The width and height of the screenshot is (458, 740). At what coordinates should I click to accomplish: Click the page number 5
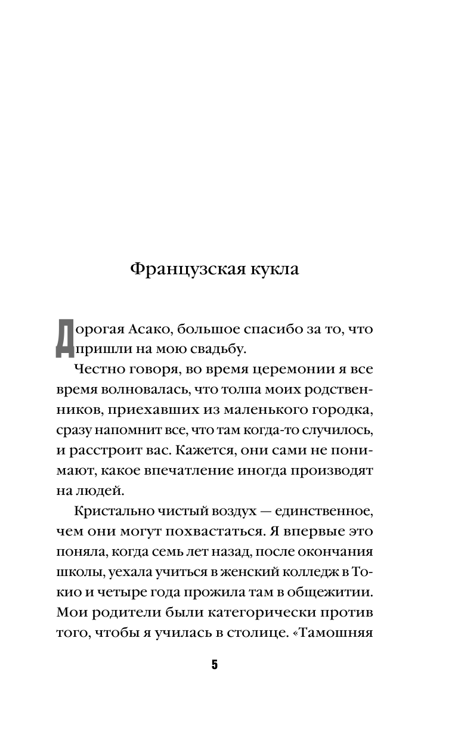[215, 665]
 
